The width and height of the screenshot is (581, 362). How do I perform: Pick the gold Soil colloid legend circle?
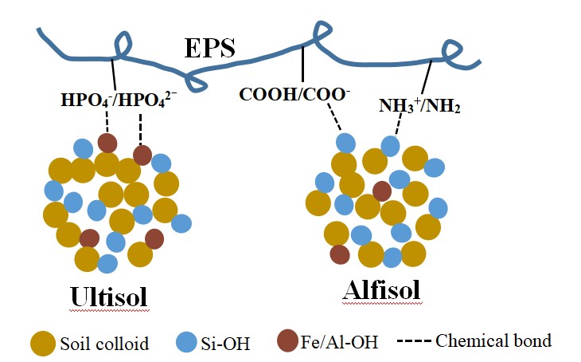[x=43, y=343]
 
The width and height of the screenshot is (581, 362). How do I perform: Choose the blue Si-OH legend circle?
[x=185, y=343]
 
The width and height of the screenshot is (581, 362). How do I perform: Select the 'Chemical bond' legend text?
[x=493, y=341]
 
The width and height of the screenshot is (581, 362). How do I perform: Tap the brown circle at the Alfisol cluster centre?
[x=382, y=191]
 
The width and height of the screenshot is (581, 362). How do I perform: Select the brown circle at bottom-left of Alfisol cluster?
[x=340, y=254]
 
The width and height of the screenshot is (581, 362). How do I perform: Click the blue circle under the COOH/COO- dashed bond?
[x=345, y=143]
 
